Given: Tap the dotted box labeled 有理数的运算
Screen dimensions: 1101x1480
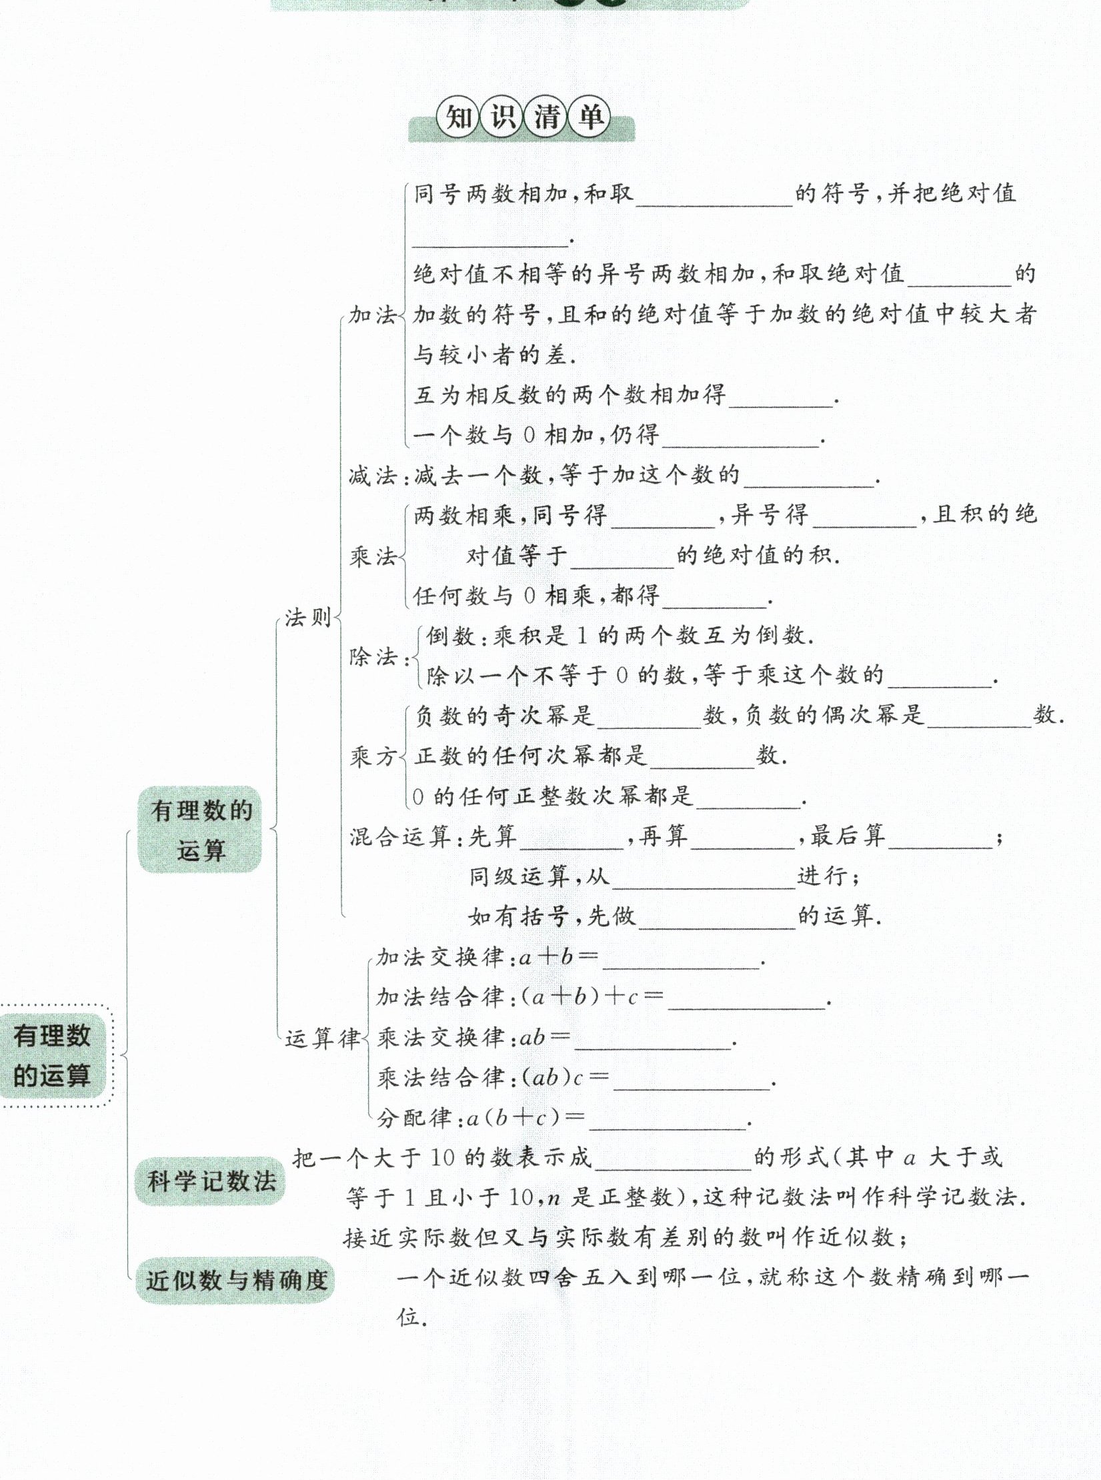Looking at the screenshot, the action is click(53, 1056).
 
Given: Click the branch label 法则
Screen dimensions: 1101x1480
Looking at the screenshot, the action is click(308, 618).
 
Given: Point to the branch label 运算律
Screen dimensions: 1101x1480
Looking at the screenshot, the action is click(323, 1038).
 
